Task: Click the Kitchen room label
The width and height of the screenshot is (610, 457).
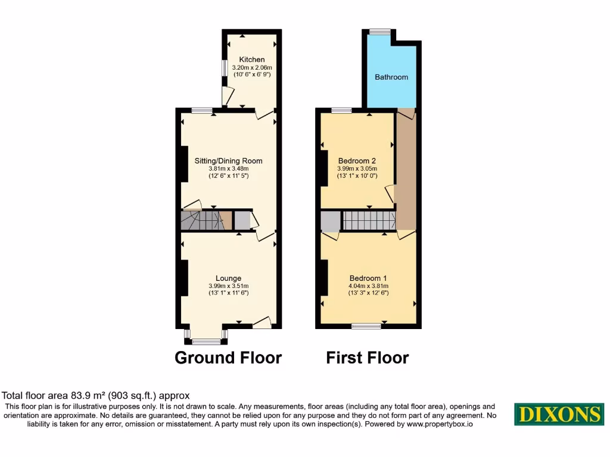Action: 252,60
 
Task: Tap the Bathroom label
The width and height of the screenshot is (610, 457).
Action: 391,77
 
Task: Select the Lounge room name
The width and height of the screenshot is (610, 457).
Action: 228,278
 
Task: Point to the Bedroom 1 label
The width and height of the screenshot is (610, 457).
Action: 368,278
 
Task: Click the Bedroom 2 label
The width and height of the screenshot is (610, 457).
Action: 357,161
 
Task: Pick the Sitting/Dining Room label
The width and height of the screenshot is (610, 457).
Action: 228,161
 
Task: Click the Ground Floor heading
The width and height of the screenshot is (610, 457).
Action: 228,358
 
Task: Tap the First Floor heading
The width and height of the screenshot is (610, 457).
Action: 368,358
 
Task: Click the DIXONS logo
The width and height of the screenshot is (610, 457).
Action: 559,414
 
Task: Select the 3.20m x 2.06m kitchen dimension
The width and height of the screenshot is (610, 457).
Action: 252,68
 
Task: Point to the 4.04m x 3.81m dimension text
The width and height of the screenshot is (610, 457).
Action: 368,286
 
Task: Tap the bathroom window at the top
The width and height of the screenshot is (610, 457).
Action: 379,32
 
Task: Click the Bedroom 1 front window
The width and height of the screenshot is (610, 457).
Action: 366,325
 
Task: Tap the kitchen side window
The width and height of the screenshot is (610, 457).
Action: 225,68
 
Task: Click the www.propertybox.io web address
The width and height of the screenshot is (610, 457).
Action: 440,424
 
